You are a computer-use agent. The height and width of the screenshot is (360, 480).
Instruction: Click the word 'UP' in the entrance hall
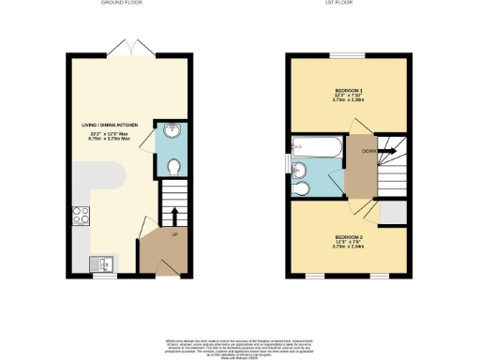point(174,235)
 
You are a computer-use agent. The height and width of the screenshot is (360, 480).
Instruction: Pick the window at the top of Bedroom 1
point(349,56)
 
